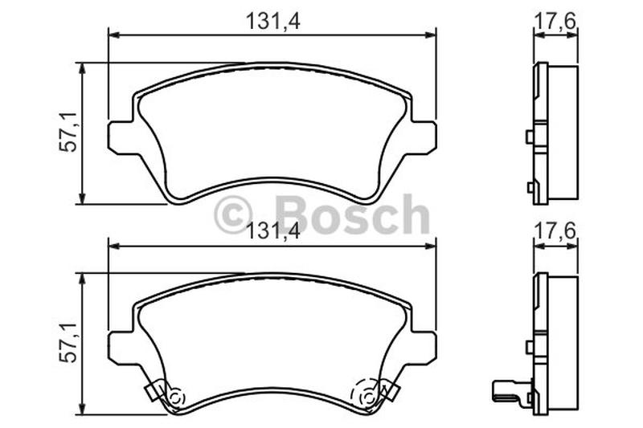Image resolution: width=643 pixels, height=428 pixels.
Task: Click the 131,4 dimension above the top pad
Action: tap(272, 22)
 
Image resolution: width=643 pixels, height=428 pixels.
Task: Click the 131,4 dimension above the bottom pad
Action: tap(272, 232)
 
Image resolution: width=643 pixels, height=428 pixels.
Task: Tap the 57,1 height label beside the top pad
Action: tap(68, 132)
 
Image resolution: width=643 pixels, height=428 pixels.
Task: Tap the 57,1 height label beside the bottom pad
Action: tap(68, 342)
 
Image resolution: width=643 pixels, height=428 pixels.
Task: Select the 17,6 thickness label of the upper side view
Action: tap(555, 21)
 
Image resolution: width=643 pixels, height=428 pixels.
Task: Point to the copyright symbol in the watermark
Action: tap(233, 214)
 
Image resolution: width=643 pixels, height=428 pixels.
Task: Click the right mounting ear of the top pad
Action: tap(424, 137)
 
